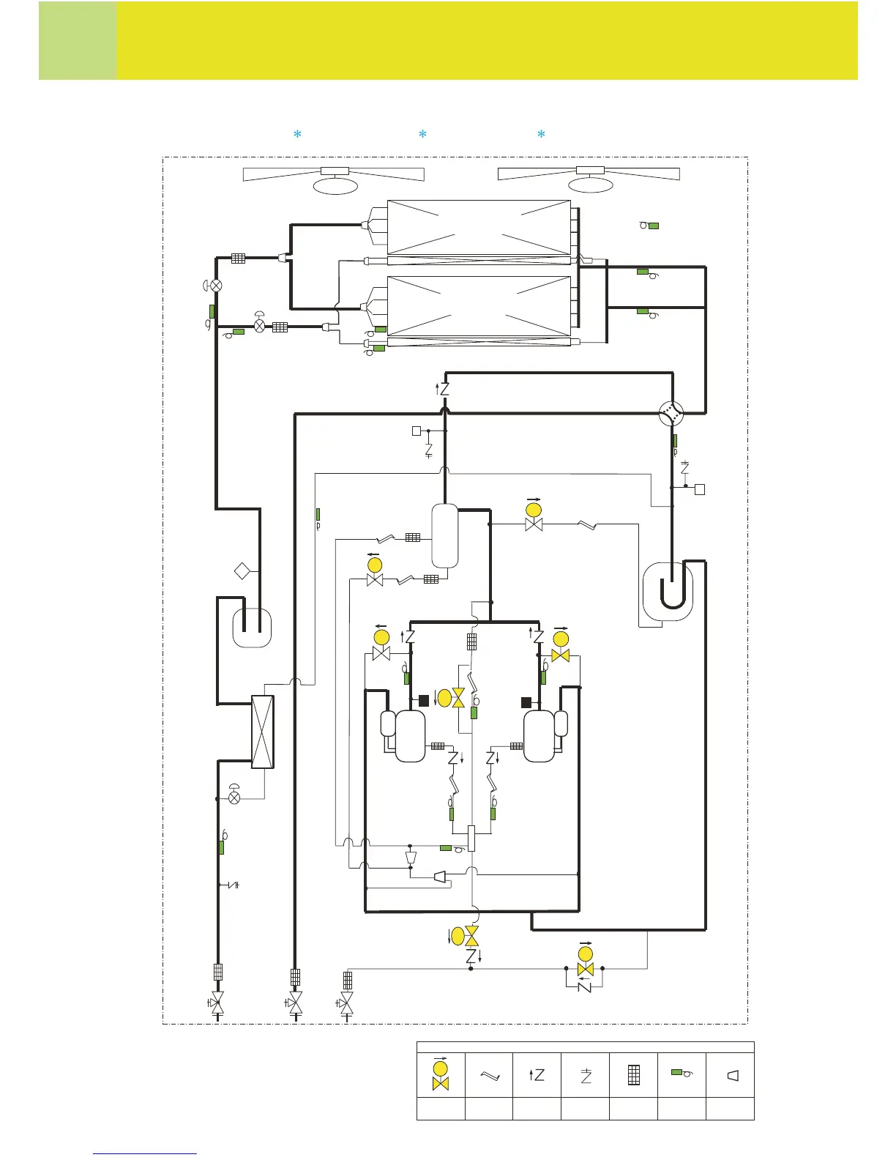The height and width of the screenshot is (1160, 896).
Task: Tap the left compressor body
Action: coord(410,736)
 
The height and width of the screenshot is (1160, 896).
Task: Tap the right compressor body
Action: coord(540,736)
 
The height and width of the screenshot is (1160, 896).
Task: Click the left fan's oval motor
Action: coord(335,185)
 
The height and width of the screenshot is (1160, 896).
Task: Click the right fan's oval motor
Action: coord(590,185)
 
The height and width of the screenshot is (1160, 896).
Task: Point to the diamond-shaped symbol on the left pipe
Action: coord(242,570)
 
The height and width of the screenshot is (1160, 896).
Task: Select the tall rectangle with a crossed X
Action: coord(263,732)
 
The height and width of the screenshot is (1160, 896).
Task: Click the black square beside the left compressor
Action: coord(423,702)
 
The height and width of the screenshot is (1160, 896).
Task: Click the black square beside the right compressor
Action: coord(526,702)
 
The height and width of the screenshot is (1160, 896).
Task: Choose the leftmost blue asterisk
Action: coord(297,135)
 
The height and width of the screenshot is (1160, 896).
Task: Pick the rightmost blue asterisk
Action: coord(541,135)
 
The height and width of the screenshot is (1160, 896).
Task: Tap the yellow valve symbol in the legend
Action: coord(441,1074)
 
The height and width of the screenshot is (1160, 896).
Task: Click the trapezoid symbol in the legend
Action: coord(731,1075)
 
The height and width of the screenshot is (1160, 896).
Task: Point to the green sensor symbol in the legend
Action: coord(682,1073)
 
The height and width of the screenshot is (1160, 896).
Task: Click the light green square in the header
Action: coord(78,41)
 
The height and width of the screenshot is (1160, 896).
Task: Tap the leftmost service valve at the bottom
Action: coord(217,1003)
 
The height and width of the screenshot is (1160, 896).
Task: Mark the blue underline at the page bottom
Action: coord(145,1153)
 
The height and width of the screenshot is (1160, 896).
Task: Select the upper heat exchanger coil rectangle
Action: coord(479,227)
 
